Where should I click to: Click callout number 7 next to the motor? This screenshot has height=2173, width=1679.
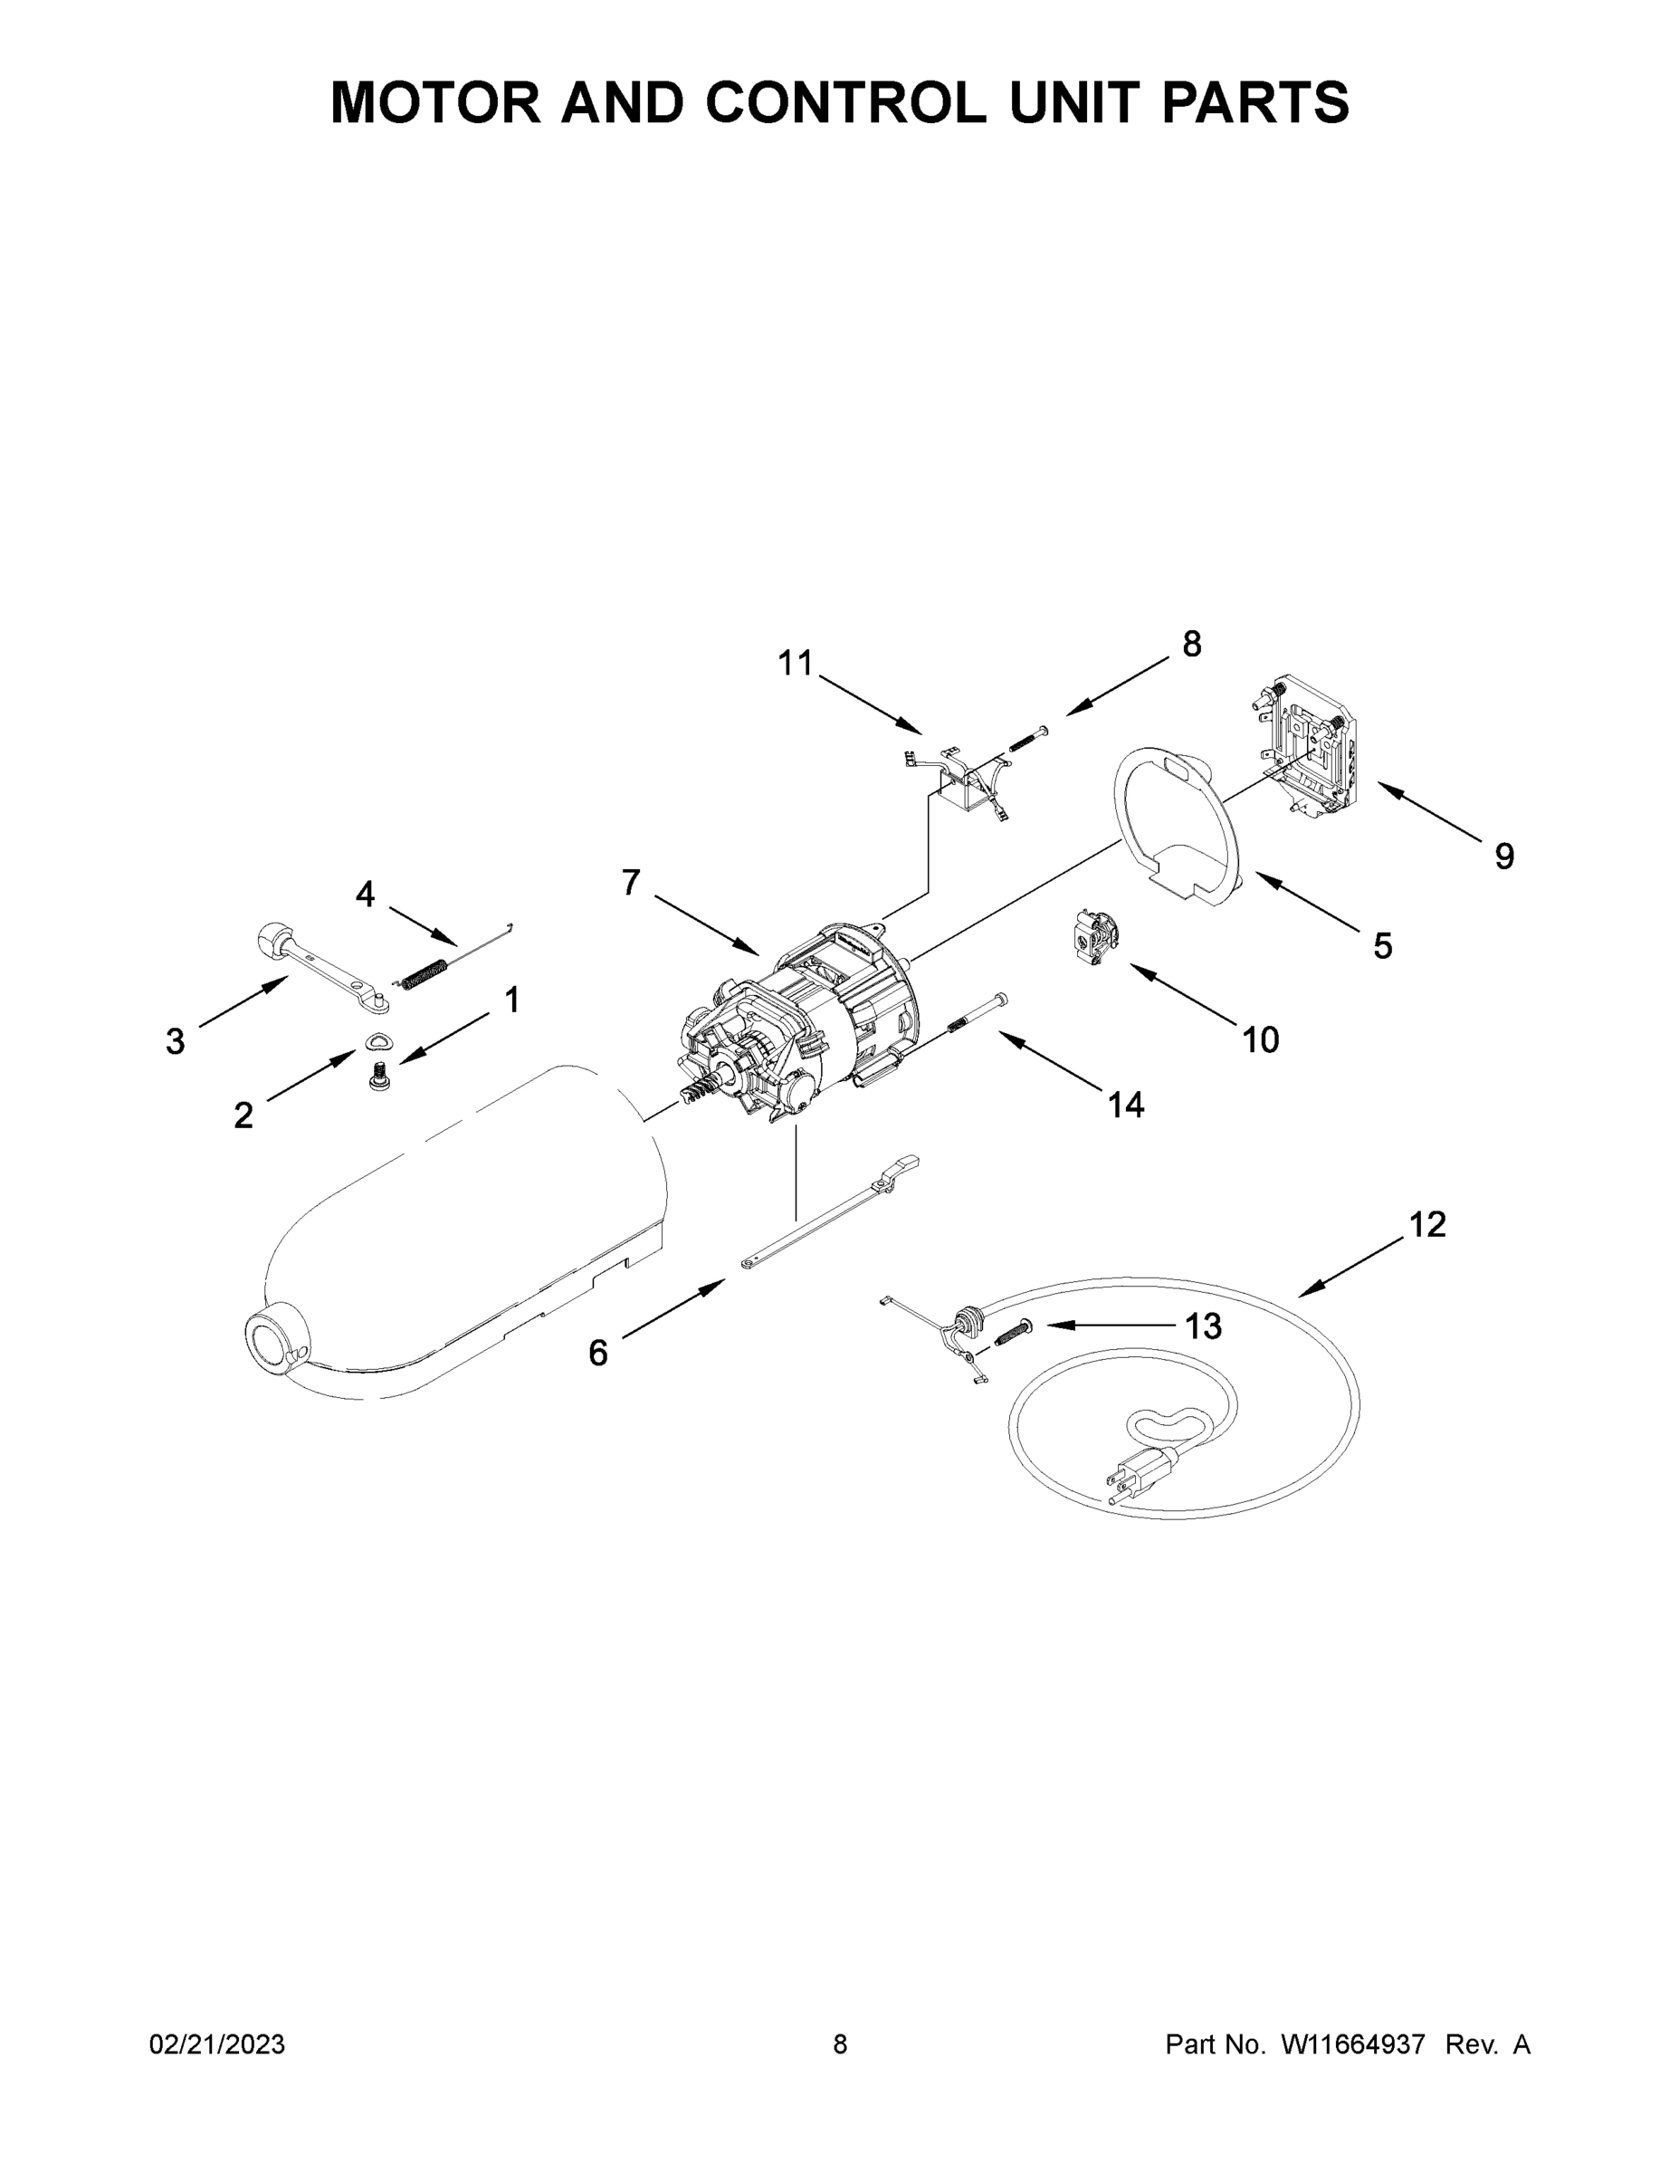click(631, 882)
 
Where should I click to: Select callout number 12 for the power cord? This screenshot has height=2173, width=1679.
click(1426, 1224)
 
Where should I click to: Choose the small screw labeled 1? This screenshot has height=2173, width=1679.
click(378, 1076)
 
